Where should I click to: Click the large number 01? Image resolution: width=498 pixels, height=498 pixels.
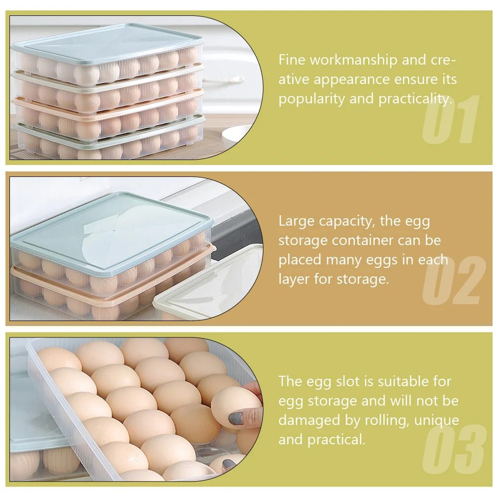coord(450,119)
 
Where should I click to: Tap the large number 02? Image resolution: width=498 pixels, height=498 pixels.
coord(454,280)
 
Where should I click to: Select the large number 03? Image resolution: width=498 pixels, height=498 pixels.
coord(455,448)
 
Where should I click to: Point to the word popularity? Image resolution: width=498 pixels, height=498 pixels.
coord(312,99)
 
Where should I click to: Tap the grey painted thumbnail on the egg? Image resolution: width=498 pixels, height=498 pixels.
coord(236,419)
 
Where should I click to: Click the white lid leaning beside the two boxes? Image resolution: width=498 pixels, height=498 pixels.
coord(208,284)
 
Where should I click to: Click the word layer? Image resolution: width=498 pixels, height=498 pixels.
coord(294,279)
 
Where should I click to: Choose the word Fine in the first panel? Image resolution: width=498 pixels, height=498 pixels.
coord(292,60)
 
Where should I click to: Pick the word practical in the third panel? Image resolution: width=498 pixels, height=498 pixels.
coord(336,440)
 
